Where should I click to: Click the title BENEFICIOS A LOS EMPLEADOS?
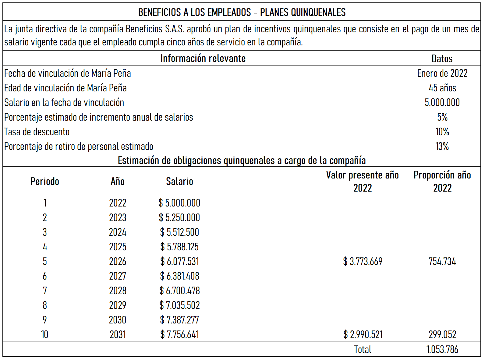click(242, 12)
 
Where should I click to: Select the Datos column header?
click(442, 58)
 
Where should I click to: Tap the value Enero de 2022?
click(442, 73)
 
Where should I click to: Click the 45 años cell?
click(442, 88)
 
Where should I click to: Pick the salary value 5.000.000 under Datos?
click(442, 103)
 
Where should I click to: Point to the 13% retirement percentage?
click(442, 146)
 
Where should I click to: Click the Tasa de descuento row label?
click(37, 132)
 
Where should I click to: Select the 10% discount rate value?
click(442, 132)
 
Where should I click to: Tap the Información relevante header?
click(203, 58)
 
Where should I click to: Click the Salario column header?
click(179, 182)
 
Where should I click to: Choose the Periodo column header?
click(45, 182)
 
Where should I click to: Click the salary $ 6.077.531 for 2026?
click(179, 262)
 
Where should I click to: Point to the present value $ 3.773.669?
click(363, 262)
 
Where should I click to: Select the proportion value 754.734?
click(442, 262)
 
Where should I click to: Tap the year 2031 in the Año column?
click(118, 335)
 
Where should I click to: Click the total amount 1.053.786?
click(442, 349)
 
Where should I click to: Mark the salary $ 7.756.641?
click(179, 335)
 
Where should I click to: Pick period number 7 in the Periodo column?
click(45, 291)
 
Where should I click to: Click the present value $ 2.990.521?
click(363, 335)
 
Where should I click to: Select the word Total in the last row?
click(363, 349)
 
